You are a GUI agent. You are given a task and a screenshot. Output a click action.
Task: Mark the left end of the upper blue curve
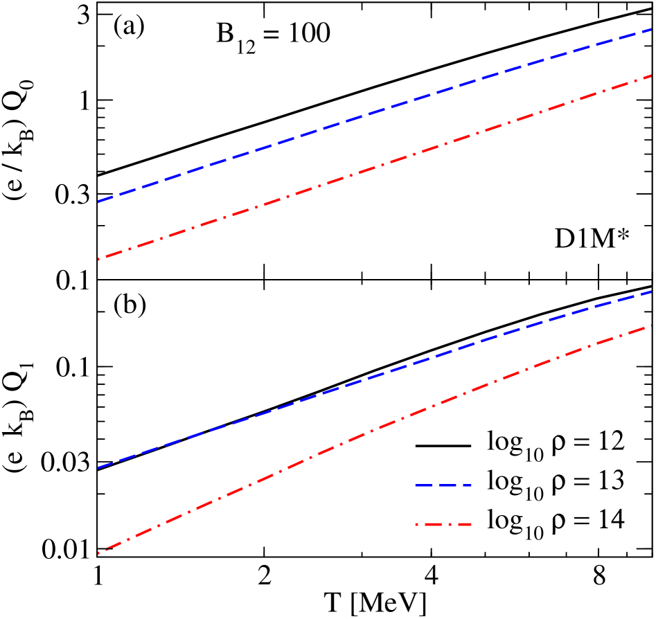coord(100,201)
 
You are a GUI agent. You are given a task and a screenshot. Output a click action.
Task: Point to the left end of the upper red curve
coord(100,260)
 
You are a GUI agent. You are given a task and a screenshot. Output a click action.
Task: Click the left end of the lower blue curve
coord(100,467)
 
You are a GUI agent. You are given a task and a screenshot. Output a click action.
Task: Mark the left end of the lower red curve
coord(100,553)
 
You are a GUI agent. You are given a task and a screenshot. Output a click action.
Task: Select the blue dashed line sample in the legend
coord(443,484)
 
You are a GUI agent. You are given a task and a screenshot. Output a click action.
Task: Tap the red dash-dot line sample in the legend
coord(443,523)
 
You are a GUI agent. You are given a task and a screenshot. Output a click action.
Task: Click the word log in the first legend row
coord(502,443)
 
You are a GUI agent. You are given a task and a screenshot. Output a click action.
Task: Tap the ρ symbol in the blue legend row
coord(558,483)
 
